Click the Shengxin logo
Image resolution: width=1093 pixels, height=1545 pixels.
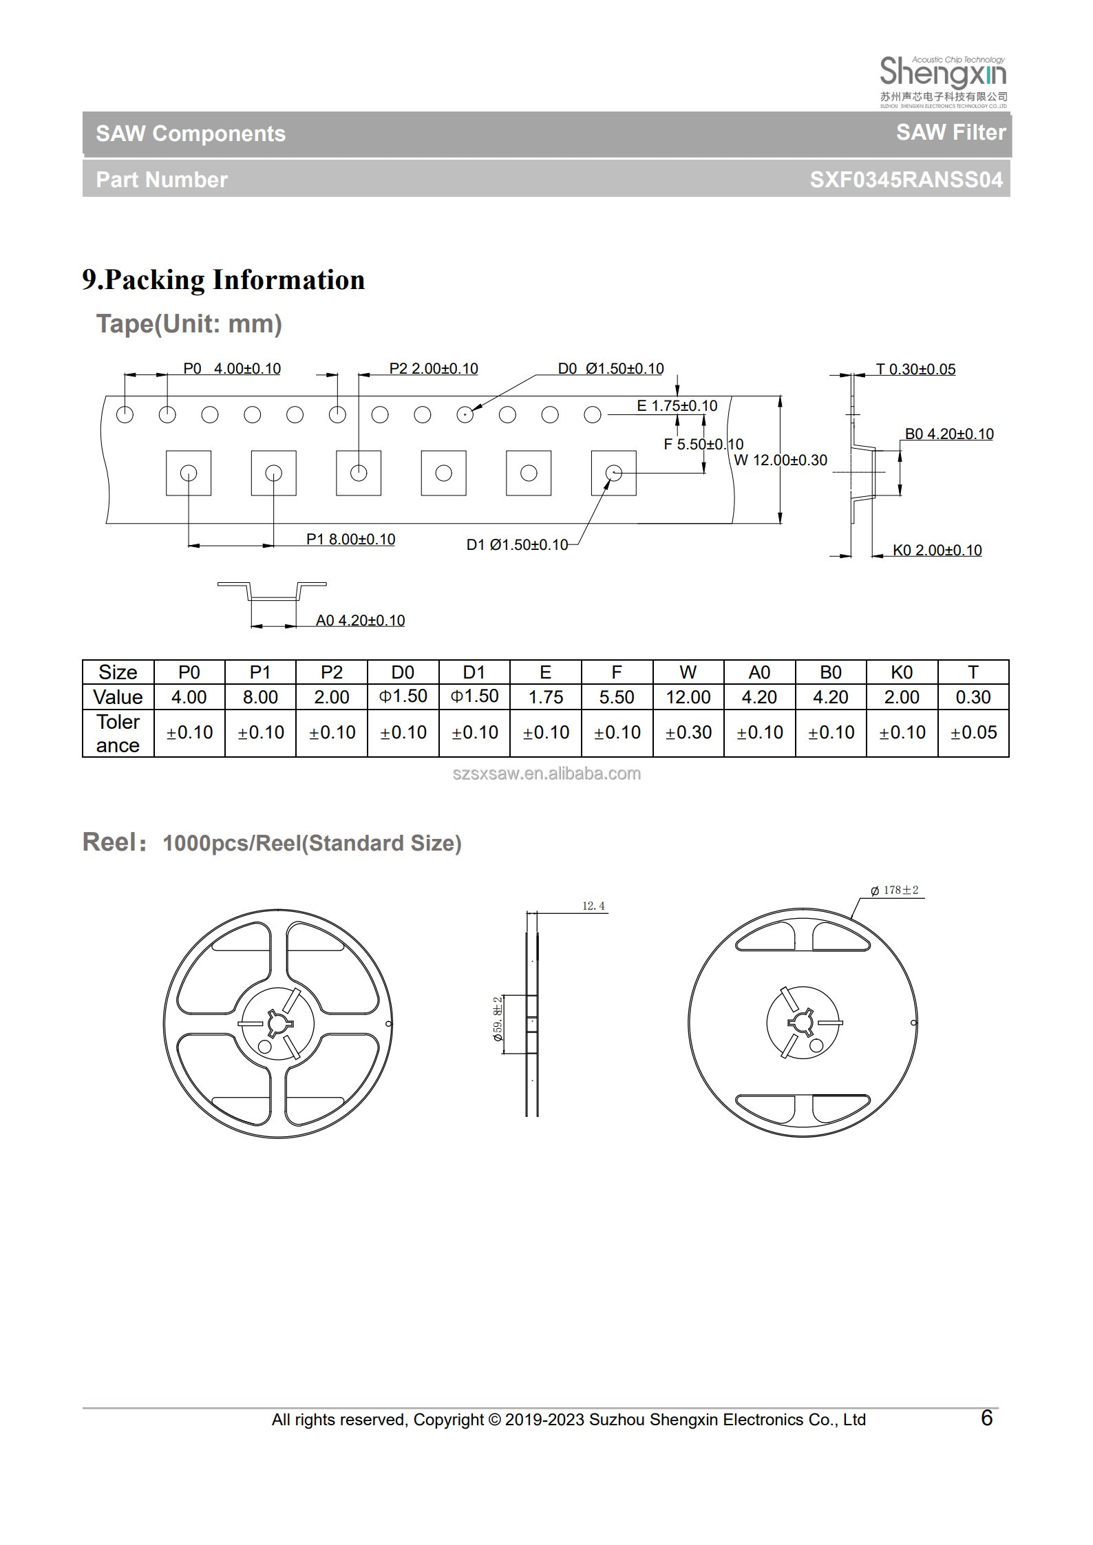(943, 81)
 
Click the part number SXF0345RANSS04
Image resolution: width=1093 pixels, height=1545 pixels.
(906, 180)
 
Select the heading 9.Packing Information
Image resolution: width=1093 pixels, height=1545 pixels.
(224, 279)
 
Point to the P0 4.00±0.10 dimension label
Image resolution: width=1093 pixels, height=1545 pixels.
(232, 368)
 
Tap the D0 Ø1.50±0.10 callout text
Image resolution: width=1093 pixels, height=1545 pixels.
(611, 368)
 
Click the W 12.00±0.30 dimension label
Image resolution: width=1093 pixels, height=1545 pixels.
(781, 460)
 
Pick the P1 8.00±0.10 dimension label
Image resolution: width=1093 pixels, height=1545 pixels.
(350, 539)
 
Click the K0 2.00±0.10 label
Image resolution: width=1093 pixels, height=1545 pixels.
(937, 550)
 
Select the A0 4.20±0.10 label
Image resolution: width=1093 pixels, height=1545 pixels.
(360, 620)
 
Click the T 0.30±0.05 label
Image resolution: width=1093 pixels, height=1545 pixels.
(915, 369)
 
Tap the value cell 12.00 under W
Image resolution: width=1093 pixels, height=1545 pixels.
(688, 697)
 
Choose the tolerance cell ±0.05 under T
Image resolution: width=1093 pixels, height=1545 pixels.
(973, 733)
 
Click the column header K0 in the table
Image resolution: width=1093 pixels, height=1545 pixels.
(901, 672)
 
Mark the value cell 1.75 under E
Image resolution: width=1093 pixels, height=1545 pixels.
(545, 697)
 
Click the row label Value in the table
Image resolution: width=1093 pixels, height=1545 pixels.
(118, 697)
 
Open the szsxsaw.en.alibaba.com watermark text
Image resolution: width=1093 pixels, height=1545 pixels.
(546, 774)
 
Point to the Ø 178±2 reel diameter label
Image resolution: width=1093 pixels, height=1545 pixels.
(894, 890)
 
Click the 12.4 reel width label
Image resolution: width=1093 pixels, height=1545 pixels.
(593, 906)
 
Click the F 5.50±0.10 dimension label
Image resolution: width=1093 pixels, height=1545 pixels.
(703, 444)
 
